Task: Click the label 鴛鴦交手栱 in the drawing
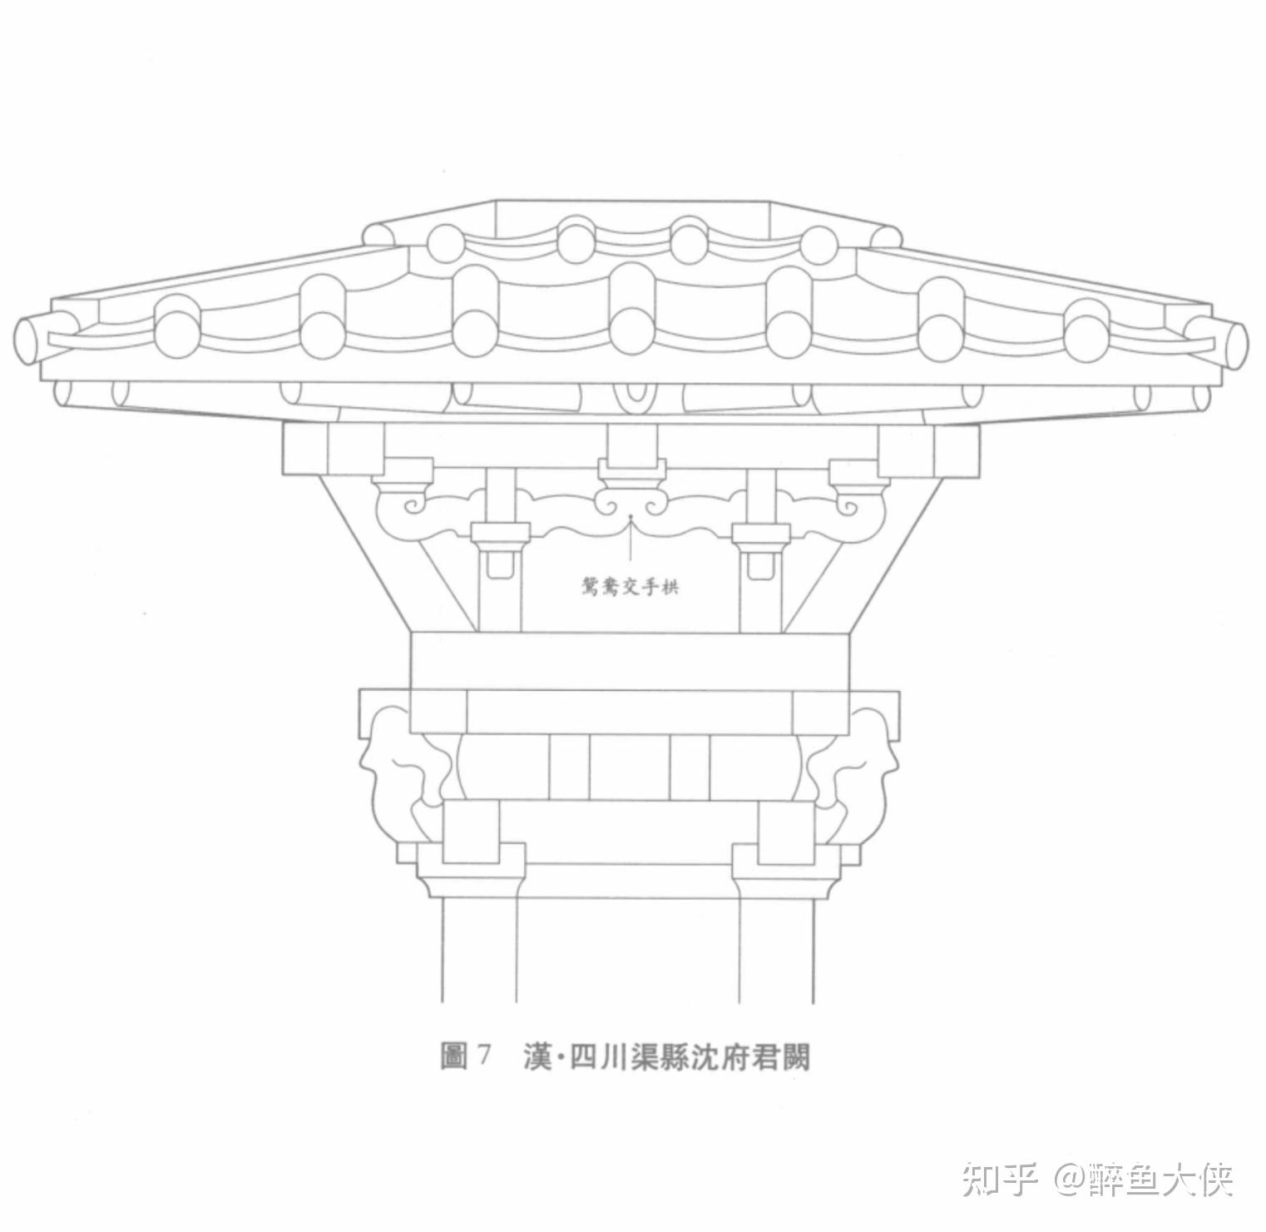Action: (630, 586)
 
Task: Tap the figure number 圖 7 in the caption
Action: (466, 1056)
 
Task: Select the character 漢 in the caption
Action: (538, 1056)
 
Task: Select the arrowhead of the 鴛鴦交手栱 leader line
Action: (631, 518)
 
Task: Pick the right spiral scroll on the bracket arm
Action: (850, 504)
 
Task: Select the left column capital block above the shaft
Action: (471, 870)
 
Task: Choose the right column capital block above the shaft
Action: (785, 870)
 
